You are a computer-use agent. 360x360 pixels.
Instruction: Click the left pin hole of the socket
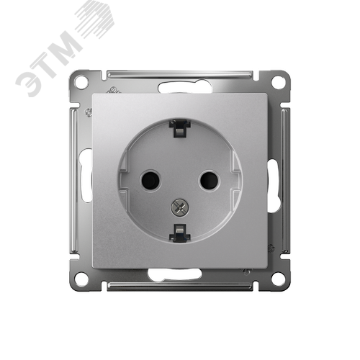150,180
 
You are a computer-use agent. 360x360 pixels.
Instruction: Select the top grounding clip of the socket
180,127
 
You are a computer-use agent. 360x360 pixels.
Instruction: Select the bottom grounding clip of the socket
180,233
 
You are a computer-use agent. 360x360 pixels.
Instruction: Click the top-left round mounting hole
81,82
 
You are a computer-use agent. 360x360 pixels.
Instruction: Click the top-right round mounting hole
278,82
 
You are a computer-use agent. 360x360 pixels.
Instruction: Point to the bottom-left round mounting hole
81,279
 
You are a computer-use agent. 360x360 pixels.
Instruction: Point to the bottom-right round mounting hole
278,279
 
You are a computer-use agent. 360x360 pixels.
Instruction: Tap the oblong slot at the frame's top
185,88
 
